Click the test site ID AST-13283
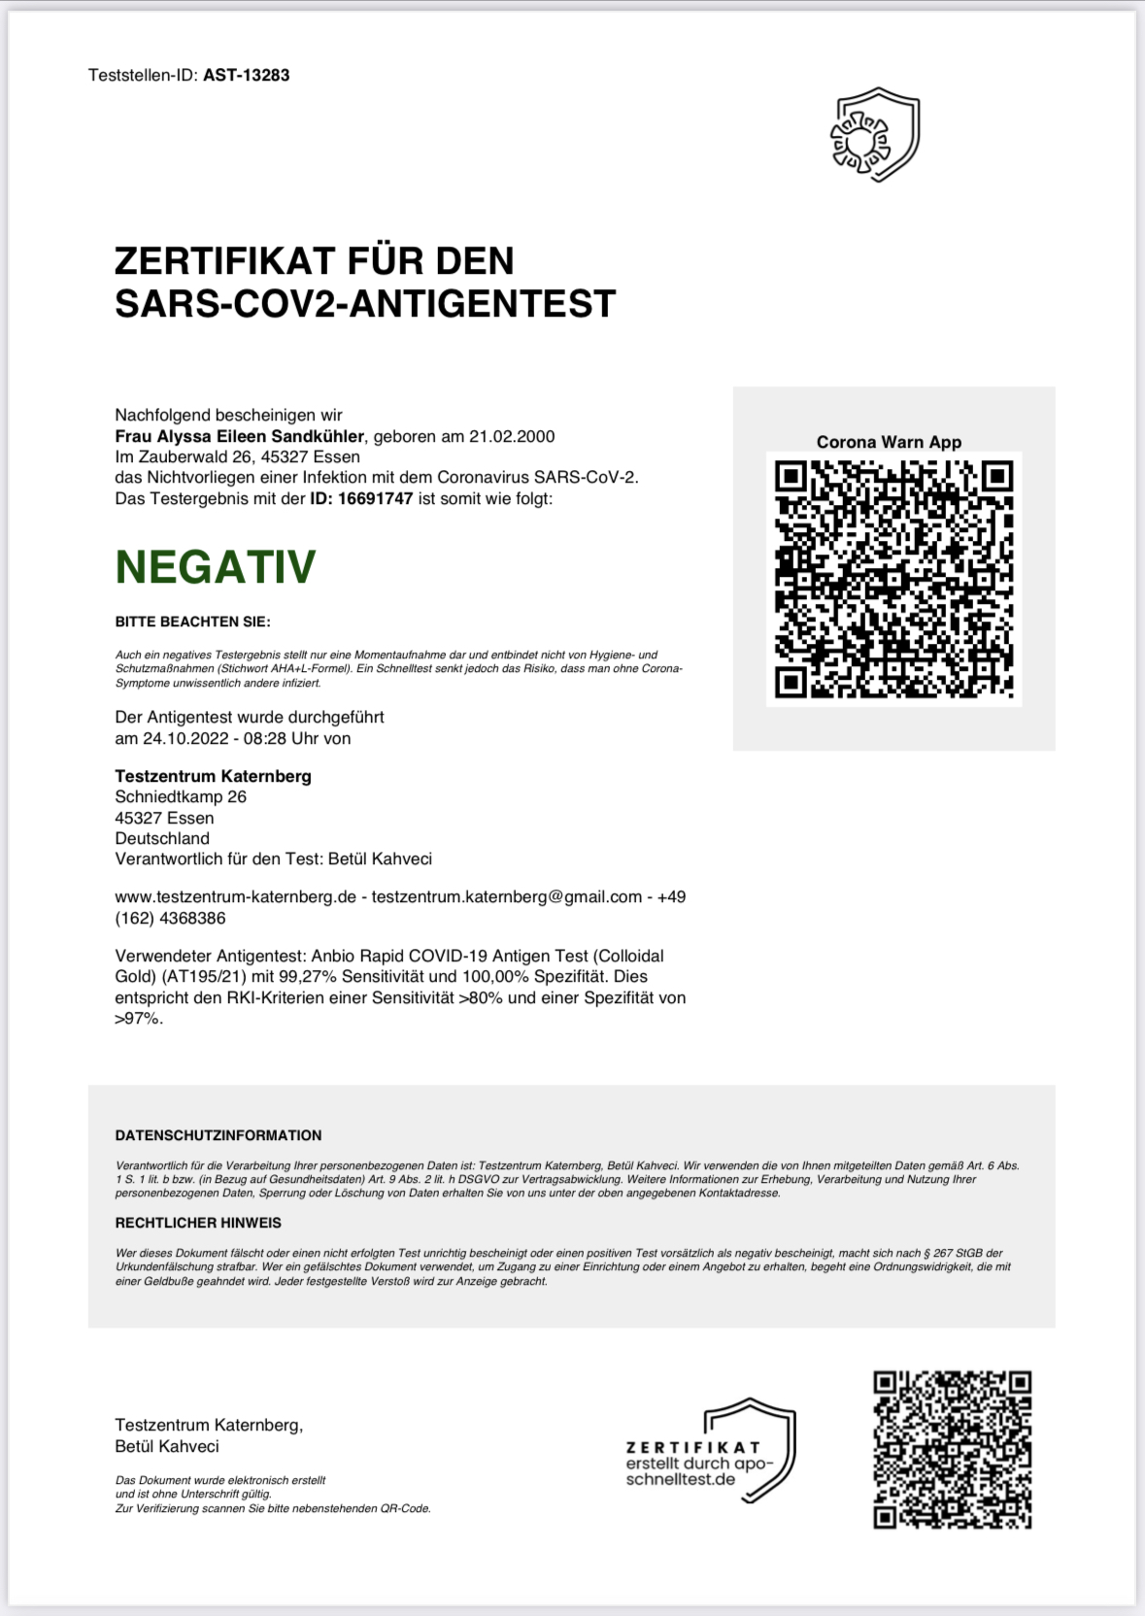point(246,75)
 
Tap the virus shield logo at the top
point(874,135)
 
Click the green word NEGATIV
point(216,567)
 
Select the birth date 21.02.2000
point(512,436)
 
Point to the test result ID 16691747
point(375,498)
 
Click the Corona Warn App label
point(889,442)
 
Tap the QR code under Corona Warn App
point(893,579)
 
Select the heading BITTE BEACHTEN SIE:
point(192,622)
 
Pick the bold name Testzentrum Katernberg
point(213,776)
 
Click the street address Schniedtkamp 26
point(181,796)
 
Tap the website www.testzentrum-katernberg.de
point(236,896)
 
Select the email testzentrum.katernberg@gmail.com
point(506,896)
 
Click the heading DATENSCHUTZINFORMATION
point(219,1135)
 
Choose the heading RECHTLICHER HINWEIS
point(198,1223)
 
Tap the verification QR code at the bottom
point(952,1449)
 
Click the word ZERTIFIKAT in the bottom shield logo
point(692,1448)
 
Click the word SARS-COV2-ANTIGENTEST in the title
point(365,303)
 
